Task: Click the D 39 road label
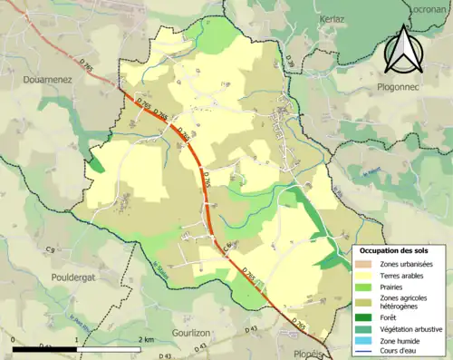tap(290, 61)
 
